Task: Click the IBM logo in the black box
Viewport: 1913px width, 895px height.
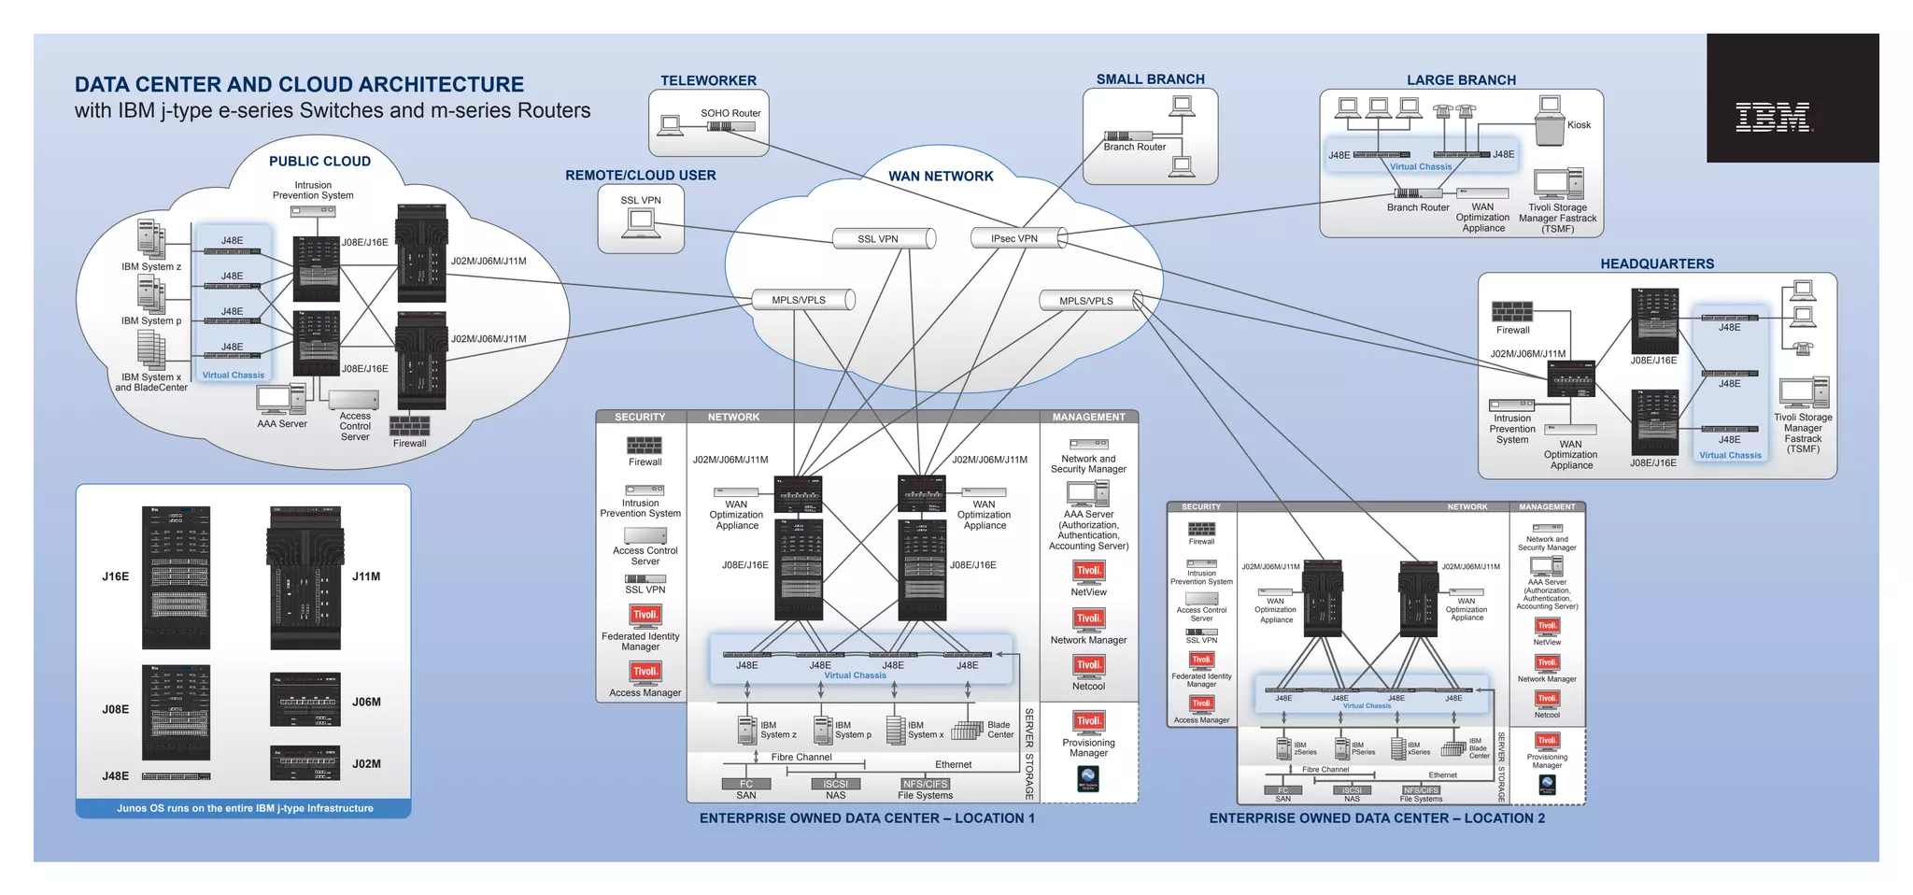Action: tap(1773, 118)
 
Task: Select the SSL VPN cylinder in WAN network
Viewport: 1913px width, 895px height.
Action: tap(884, 239)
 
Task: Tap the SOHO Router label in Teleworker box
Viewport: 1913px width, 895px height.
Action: tap(730, 113)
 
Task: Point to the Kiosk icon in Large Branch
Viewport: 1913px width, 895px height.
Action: tap(1551, 122)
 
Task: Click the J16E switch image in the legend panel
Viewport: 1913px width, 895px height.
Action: tap(176, 577)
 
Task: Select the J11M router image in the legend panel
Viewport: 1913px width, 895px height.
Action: tap(305, 577)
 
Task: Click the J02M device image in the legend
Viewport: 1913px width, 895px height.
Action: tap(305, 763)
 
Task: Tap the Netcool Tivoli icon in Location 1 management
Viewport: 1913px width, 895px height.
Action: tap(1089, 666)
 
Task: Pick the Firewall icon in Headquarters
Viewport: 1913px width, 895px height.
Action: tap(1512, 312)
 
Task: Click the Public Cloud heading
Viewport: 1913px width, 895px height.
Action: tap(319, 162)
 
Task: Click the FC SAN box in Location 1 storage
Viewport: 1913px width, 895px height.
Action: tap(745, 785)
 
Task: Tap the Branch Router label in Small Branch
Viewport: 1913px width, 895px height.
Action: tap(1134, 148)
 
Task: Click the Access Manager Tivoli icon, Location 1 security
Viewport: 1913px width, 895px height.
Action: tap(645, 673)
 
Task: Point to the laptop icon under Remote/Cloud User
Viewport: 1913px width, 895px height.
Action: tap(641, 223)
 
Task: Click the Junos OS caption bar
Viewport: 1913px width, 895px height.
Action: tap(244, 808)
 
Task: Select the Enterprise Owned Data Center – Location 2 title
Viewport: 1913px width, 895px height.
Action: tap(1376, 818)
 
